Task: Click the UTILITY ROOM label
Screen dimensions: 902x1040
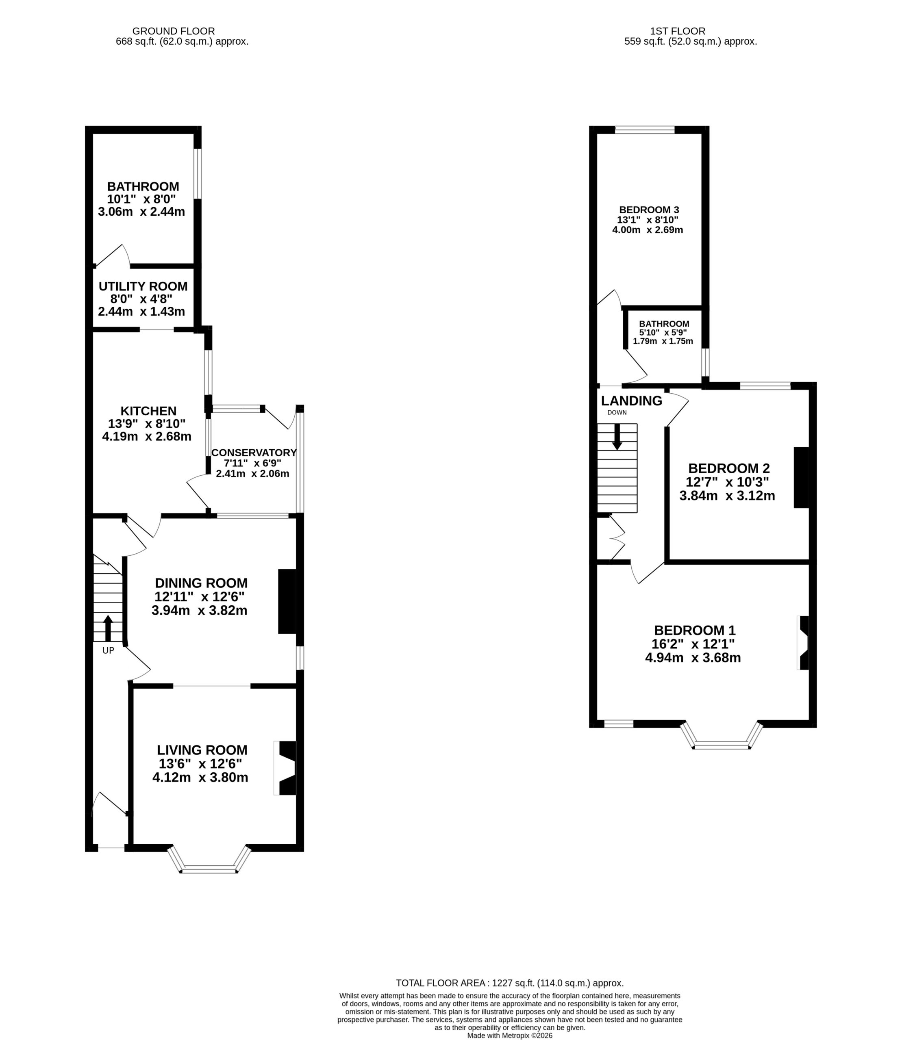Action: point(143,286)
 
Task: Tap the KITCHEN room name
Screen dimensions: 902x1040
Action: point(148,411)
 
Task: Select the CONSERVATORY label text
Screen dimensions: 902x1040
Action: point(254,452)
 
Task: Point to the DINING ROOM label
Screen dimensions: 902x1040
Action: point(201,583)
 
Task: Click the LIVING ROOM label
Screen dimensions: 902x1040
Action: point(202,750)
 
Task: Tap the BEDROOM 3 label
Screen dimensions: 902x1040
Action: point(649,210)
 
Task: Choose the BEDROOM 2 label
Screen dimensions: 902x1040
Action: point(729,468)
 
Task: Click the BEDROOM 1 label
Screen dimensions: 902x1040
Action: point(695,630)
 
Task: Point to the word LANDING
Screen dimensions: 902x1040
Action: point(632,401)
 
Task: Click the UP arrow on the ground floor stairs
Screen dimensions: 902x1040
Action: point(108,628)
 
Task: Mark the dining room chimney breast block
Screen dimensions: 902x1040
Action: point(287,601)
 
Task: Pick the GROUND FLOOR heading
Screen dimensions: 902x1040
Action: point(174,31)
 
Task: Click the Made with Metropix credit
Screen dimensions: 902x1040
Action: point(510,1036)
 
